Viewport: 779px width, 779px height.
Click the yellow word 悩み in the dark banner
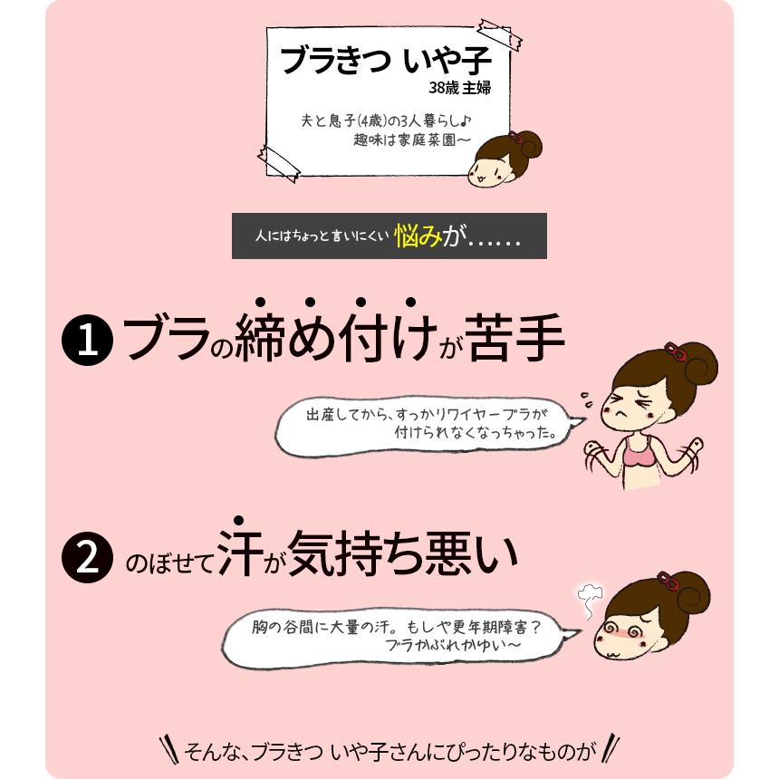418,237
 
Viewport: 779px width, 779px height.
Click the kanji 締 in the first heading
262,340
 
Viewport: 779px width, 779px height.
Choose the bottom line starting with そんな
389,751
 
